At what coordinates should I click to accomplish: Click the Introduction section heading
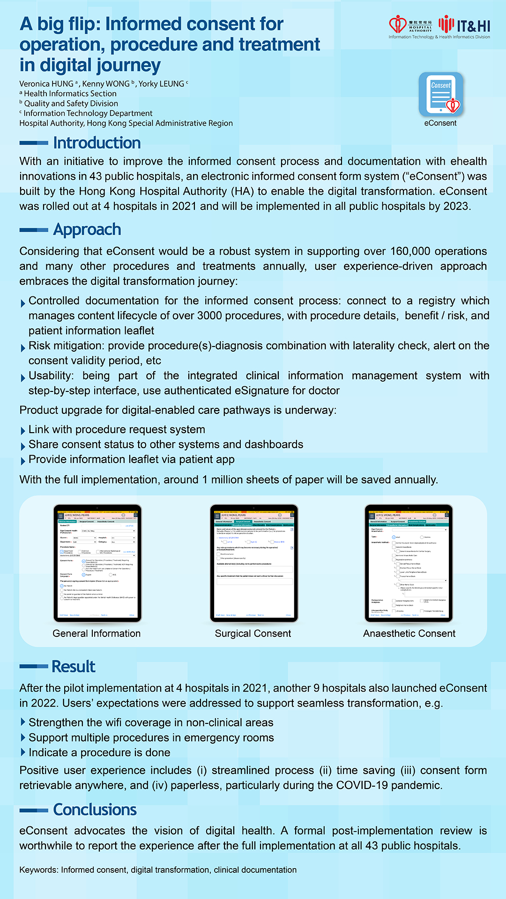coord(97,143)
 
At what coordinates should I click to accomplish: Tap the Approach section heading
coord(87,229)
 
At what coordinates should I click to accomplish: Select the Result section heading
coord(73,666)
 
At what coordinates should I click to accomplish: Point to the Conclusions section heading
coord(95,810)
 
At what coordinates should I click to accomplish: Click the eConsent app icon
coord(440,94)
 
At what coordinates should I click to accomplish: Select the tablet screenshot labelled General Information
coord(97,563)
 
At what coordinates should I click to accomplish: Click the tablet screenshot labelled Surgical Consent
coord(253,563)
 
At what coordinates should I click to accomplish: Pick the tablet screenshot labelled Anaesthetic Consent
coord(409,563)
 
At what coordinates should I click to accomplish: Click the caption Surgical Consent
coord(253,634)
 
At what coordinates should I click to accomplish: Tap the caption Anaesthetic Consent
coord(409,634)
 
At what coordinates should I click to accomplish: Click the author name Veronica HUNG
coord(46,84)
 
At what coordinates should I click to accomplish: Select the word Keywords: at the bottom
coord(39,870)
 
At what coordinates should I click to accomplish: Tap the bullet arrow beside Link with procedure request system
coord(23,431)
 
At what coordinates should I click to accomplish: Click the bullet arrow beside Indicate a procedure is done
coord(23,752)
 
